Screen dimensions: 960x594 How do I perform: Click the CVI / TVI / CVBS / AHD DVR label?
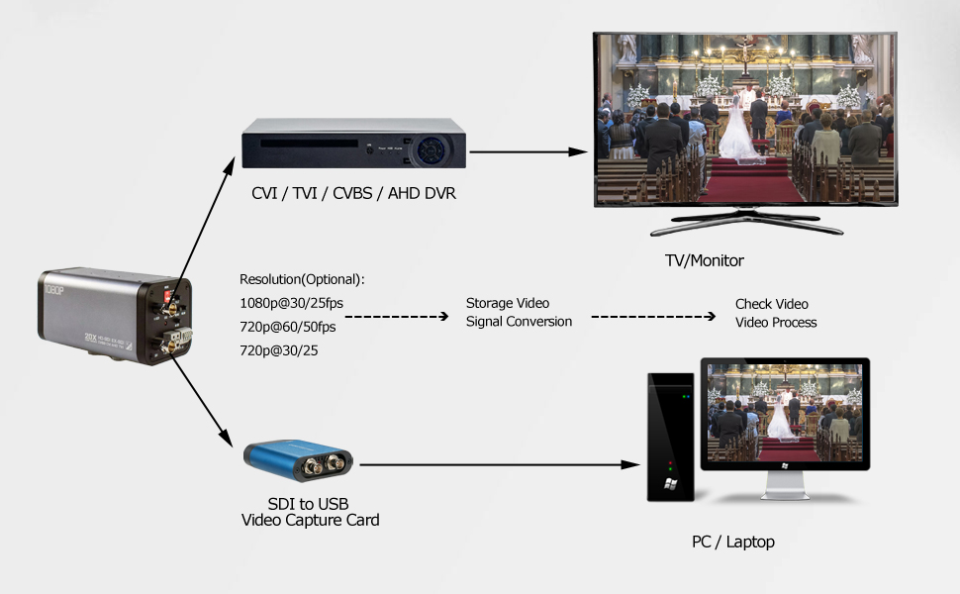(x=353, y=193)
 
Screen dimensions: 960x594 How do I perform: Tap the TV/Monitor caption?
(x=704, y=260)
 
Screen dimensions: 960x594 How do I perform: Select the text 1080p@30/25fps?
(x=291, y=303)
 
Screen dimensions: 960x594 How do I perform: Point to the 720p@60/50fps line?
(x=288, y=327)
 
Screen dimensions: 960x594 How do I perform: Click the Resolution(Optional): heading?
(x=302, y=279)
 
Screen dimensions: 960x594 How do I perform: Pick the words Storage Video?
(x=508, y=303)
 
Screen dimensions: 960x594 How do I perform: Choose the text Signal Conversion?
(x=520, y=322)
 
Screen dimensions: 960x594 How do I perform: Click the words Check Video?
(x=771, y=304)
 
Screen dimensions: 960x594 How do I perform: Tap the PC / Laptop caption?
(x=732, y=542)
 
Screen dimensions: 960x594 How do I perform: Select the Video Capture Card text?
(x=311, y=520)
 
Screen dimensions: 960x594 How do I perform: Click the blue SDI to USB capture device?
(x=298, y=460)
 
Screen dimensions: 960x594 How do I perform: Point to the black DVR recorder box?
(x=354, y=144)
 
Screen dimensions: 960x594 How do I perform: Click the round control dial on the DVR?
(x=432, y=149)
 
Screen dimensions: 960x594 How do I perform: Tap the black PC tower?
(x=671, y=438)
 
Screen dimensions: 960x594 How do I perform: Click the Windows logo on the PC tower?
(x=670, y=484)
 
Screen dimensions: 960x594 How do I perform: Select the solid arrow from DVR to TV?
(x=528, y=151)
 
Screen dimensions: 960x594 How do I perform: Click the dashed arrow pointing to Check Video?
(x=653, y=317)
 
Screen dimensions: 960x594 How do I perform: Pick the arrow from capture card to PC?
(x=500, y=464)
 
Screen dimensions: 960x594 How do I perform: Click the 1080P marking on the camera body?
(x=53, y=290)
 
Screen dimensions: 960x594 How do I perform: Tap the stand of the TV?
(x=746, y=222)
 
